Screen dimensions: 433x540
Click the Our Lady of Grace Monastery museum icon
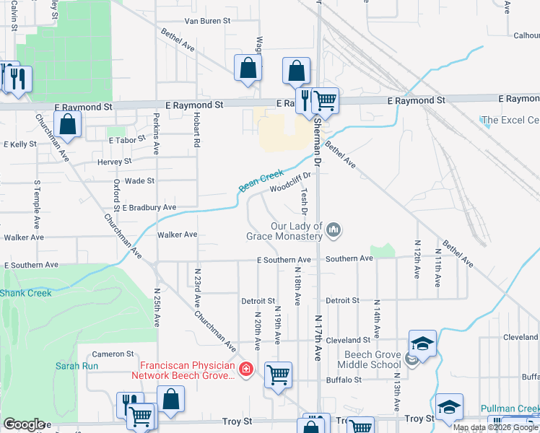334,230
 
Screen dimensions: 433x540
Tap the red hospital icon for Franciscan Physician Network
246,369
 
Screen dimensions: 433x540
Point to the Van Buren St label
207,22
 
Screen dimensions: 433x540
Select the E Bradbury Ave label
149,207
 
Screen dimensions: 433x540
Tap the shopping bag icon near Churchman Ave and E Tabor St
68,124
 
